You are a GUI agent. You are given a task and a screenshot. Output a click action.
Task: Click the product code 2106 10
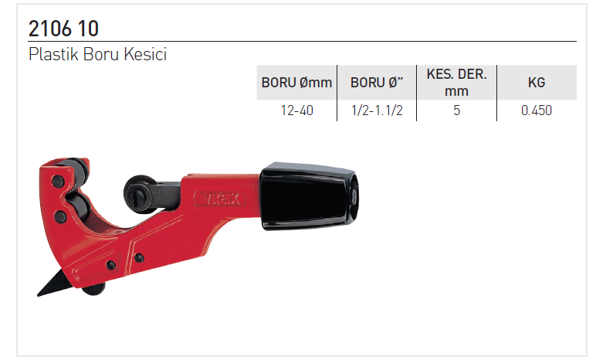click(63, 29)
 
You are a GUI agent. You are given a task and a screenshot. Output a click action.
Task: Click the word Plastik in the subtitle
click(53, 54)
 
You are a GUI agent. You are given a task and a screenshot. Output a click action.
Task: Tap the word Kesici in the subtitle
click(145, 54)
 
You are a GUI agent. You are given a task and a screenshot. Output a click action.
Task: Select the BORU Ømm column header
click(296, 83)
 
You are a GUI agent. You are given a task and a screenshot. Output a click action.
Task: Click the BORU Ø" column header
click(377, 83)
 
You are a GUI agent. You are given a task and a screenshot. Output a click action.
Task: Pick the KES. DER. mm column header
click(456, 83)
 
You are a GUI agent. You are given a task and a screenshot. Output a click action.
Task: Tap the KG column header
click(537, 83)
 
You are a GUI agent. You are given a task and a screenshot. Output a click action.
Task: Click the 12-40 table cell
click(297, 110)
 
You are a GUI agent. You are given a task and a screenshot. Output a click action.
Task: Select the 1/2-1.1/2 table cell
click(377, 110)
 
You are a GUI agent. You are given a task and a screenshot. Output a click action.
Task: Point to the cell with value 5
click(456, 110)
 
